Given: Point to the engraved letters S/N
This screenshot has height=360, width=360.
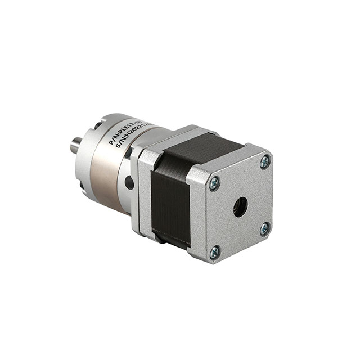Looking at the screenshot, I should (x=120, y=148).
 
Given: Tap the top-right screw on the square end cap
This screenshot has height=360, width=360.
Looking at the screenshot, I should (x=264, y=163).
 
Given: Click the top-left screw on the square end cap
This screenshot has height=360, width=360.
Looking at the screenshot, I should (x=214, y=183).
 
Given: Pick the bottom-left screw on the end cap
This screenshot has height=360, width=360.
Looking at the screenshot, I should (x=214, y=253).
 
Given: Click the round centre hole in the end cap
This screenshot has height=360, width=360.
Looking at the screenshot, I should (x=240, y=207).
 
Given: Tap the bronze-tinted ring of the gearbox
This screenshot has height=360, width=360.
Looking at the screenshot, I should (x=110, y=180).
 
